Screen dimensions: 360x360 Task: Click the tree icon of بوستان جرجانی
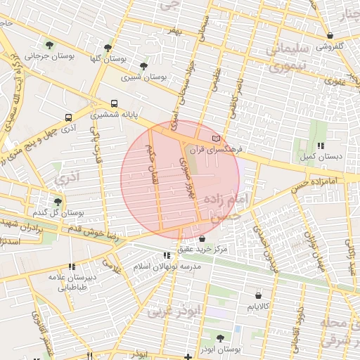pos(48,44)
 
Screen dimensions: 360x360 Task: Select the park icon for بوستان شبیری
pos(143,66)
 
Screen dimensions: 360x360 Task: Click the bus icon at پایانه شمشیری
pos(114,103)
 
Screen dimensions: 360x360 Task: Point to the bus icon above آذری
pos(68,117)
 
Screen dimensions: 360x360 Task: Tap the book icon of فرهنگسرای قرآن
pos(217,138)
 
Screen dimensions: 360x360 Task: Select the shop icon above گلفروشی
pos(330,35)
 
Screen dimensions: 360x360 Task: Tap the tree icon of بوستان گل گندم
pos(58,202)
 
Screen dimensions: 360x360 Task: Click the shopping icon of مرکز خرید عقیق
pos(202,239)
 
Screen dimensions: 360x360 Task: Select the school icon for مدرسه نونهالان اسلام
pos(166,256)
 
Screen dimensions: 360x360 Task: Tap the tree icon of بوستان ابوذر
pos(220,338)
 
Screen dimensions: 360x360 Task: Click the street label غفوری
pos(334,82)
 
